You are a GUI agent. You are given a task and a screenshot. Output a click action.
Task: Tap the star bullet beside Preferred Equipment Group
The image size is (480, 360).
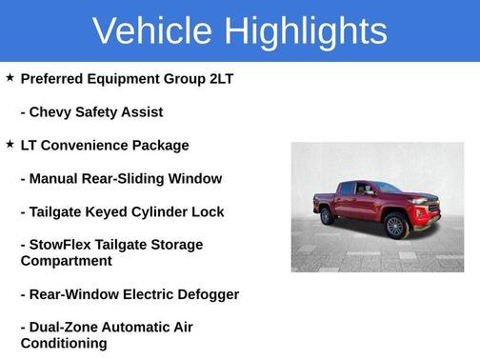pyautogui.click(x=10, y=77)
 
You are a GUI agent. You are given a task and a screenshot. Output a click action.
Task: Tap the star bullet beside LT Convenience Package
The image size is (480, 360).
pyautogui.click(x=10, y=144)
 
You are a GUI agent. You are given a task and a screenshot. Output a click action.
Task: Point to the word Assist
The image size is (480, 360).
pyautogui.click(x=140, y=111)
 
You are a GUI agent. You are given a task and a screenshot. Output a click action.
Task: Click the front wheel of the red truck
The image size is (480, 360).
pyautogui.click(x=396, y=226)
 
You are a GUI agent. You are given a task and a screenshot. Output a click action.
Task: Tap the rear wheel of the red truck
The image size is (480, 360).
pyautogui.click(x=328, y=216)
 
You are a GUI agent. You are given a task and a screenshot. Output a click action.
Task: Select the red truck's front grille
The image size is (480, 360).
pyautogui.click(x=431, y=207)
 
